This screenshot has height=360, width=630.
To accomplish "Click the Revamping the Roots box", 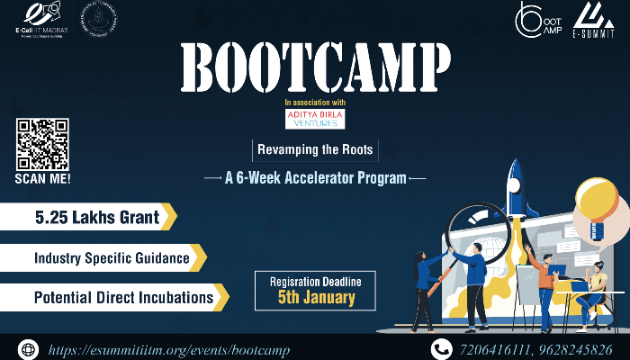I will (314, 150).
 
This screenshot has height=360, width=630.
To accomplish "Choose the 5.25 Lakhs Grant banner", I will (88, 217).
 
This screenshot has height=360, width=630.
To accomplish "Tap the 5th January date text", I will (315, 296).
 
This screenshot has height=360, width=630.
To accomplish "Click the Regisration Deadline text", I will (315, 281).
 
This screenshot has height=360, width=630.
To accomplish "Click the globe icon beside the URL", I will (29, 348).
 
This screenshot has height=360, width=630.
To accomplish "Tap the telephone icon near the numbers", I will (441, 348).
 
